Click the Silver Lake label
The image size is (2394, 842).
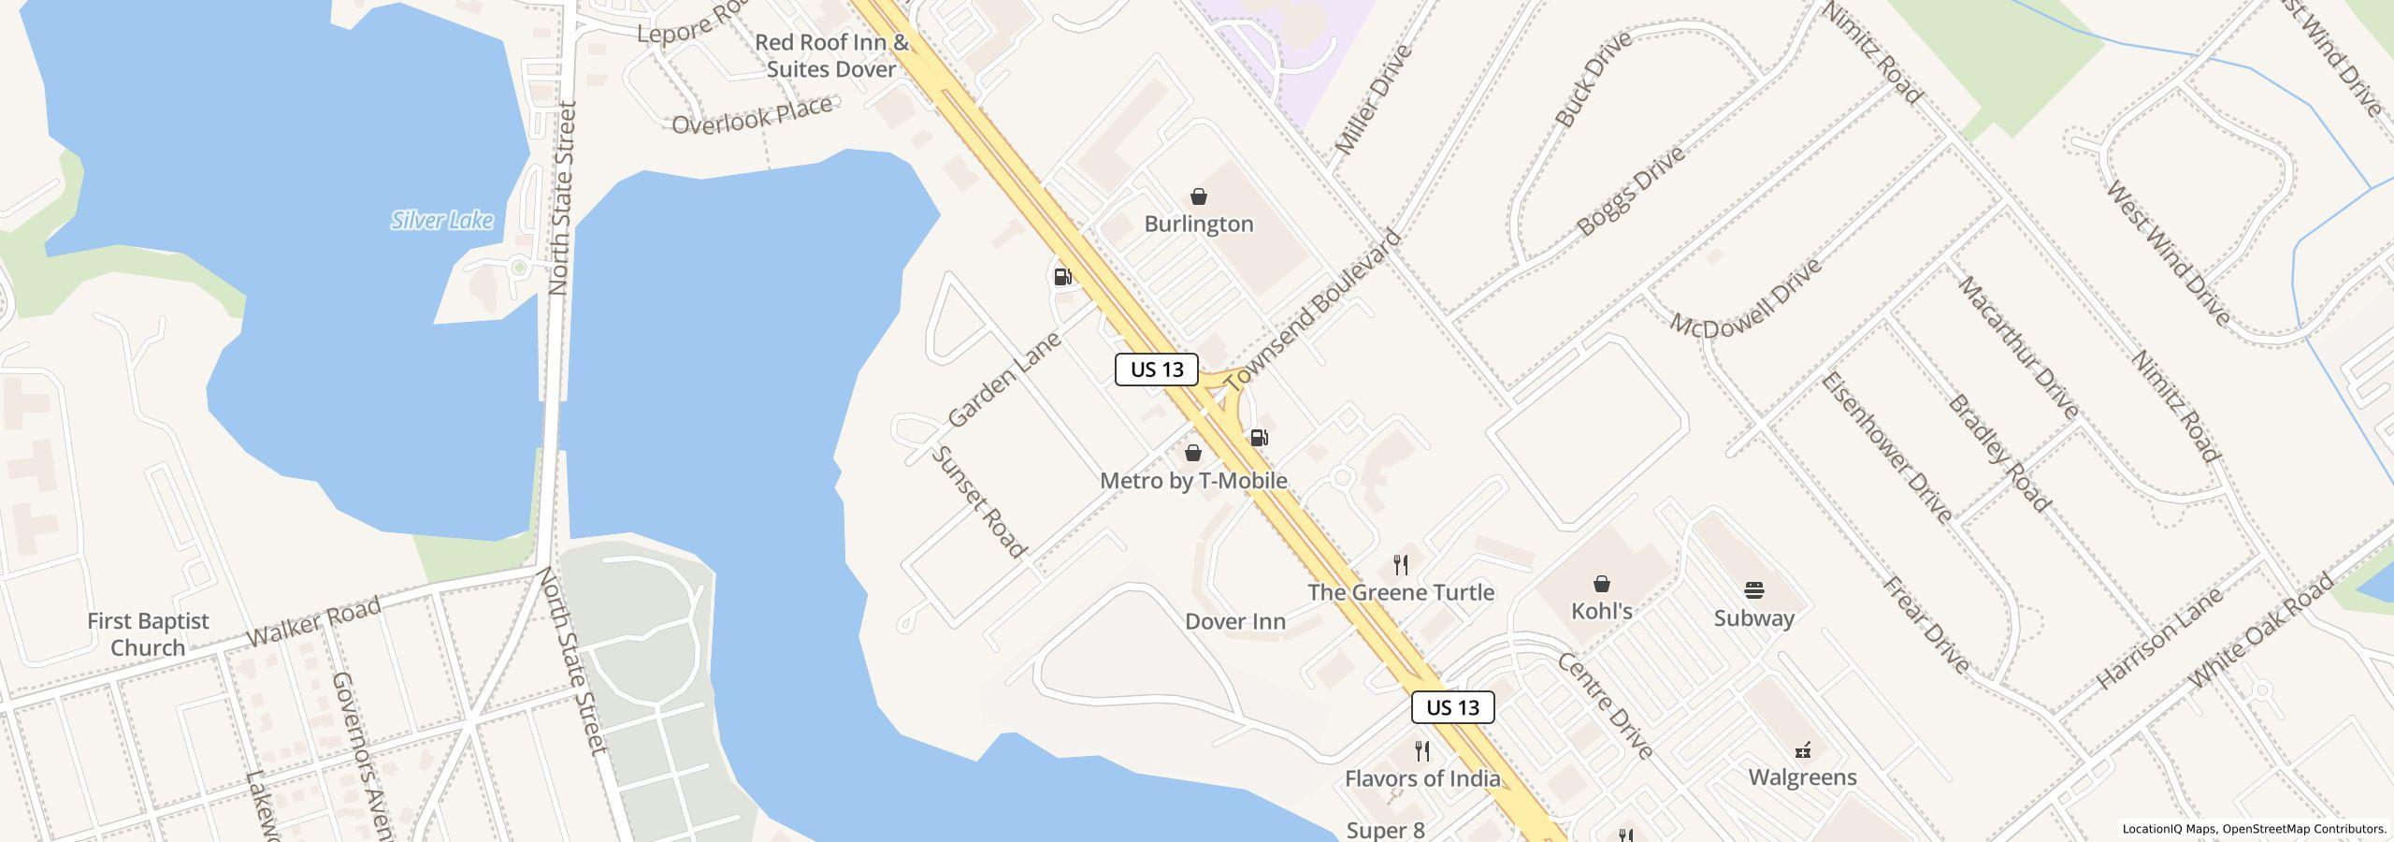(441, 221)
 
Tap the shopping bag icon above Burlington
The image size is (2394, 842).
(1198, 196)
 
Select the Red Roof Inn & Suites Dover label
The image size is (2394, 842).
(831, 55)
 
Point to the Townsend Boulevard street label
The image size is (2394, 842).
(1313, 311)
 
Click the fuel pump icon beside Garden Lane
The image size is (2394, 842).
(1062, 277)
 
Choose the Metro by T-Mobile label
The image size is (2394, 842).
(1193, 481)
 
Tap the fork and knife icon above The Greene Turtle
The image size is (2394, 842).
(1400, 564)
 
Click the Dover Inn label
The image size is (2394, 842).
(1234, 621)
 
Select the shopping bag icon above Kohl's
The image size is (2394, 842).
(1602, 584)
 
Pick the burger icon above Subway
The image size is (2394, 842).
(1753, 590)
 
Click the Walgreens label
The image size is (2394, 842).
(1802, 777)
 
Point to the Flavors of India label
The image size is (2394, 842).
(1421, 778)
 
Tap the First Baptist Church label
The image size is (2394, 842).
(148, 634)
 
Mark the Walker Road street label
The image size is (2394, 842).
(313, 622)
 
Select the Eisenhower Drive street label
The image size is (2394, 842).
(1885, 447)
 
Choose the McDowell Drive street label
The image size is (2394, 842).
(1745, 298)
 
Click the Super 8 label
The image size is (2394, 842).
(1385, 830)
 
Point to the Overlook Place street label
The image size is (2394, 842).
(752, 114)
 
